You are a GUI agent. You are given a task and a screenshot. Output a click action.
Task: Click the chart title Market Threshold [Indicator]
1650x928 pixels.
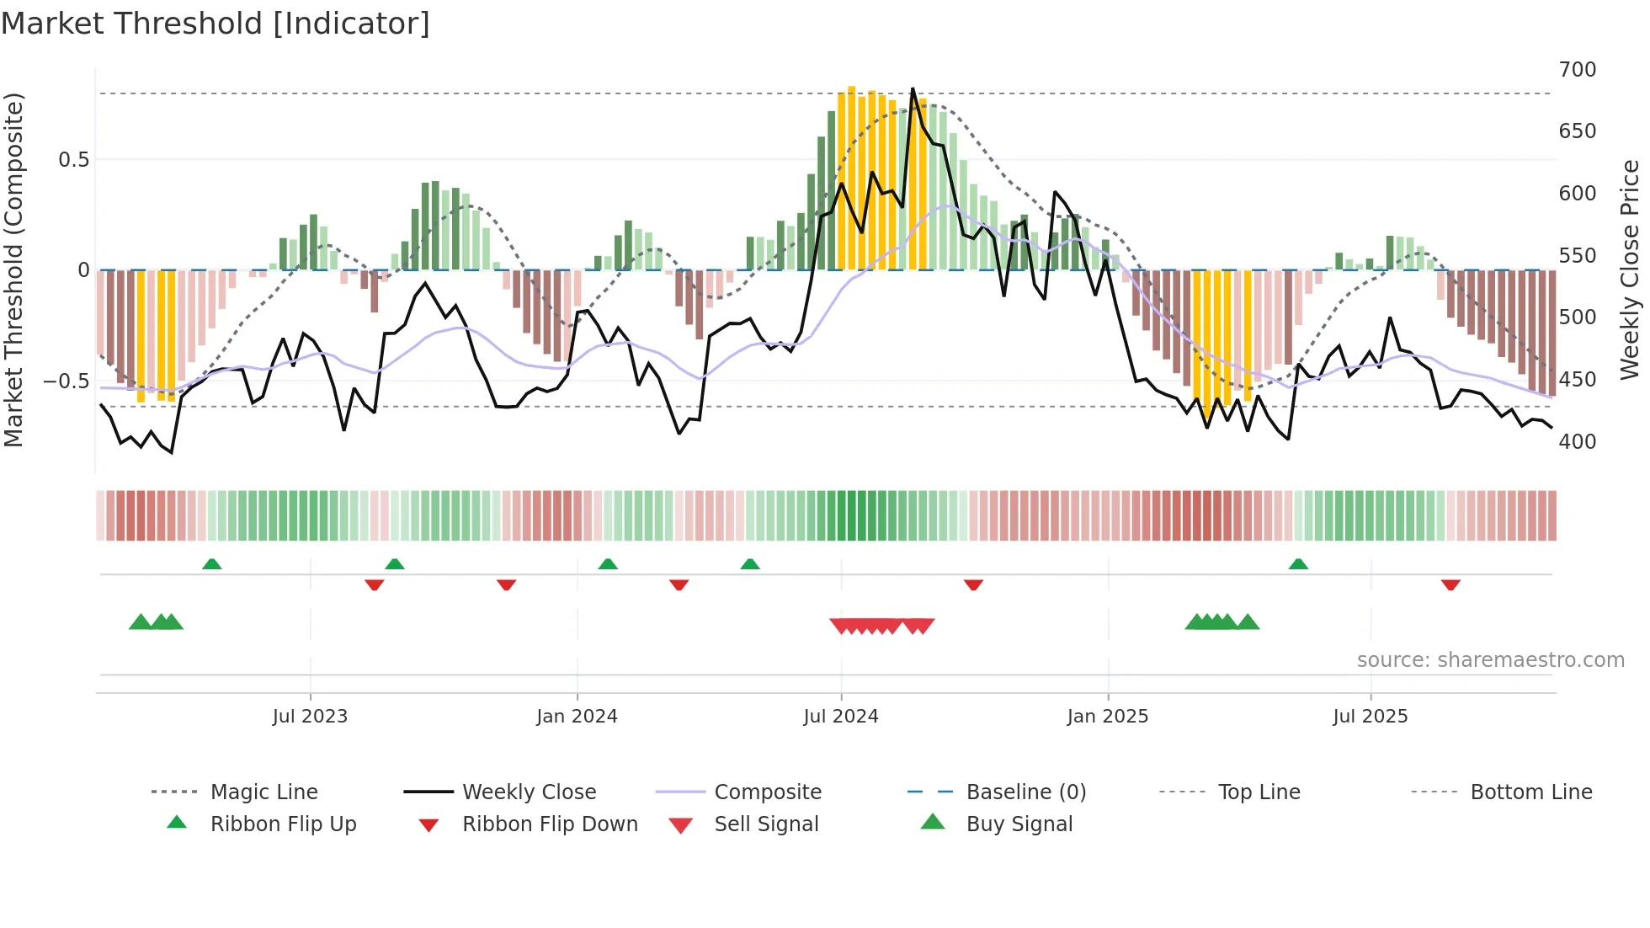point(216,24)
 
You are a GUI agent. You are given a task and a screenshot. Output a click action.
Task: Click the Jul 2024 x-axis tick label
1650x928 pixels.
point(840,717)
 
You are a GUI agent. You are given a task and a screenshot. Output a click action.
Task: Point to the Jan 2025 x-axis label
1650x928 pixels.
point(1107,717)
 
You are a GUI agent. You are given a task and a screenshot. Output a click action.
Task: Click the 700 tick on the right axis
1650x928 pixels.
point(1577,70)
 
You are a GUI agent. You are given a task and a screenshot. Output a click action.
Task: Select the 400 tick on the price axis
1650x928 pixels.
point(1577,442)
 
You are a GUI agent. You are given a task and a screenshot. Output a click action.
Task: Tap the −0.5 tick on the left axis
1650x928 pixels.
point(67,381)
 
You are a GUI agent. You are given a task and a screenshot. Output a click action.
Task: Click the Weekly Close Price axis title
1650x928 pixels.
point(1630,269)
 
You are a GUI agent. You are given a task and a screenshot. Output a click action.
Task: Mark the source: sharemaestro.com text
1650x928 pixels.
point(1490,660)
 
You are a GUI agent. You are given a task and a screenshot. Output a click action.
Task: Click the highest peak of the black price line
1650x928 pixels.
point(913,89)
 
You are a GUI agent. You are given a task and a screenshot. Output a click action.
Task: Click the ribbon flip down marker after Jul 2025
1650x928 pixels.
point(1450,584)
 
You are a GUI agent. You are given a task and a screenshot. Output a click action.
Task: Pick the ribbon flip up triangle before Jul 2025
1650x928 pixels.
point(1298,564)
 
